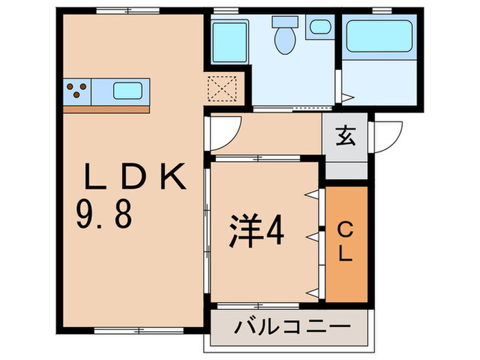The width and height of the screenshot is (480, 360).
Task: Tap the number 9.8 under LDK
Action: (x=104, y=216)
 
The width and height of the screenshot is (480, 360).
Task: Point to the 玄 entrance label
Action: (x=346, y=137)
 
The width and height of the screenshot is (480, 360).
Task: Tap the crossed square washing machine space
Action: (x=225, y=90)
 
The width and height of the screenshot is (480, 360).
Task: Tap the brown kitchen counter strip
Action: (x=106, y=108)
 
